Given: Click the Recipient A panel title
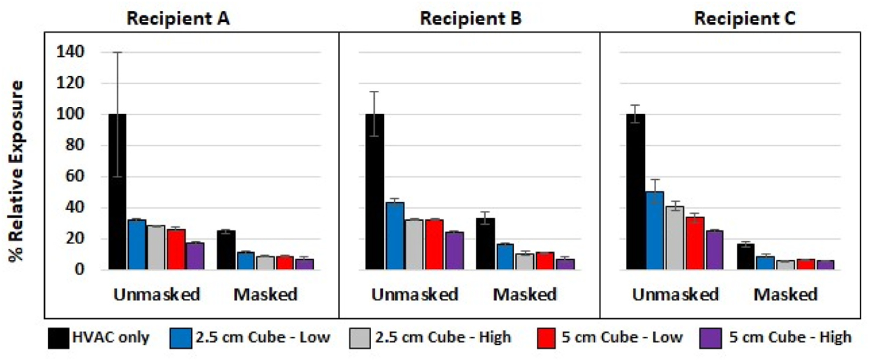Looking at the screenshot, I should click(178, 19).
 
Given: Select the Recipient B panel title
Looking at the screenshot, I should click(470, 19).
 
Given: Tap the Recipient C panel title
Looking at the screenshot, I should click(744, 19).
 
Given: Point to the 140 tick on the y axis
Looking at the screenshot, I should click(70, 52).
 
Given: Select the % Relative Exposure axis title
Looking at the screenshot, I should click(16, 171).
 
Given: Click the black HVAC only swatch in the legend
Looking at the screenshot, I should click(58, 338).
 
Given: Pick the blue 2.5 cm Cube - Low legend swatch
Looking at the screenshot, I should click(181, 338).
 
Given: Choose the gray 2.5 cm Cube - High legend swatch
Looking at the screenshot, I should click(360, 338).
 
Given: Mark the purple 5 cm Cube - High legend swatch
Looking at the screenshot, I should click(710, 338).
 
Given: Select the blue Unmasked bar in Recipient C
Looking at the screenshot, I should click(655, 230).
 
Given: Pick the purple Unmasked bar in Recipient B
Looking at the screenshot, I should click(454, 251).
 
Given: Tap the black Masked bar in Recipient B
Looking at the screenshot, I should click(485, 244).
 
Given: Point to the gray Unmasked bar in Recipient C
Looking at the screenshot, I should click(675, 238).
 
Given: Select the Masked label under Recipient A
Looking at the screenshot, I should click(265, 295).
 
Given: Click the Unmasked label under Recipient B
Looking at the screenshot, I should click(415, 295).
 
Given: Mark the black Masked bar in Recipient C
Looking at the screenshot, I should click(745, 257).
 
